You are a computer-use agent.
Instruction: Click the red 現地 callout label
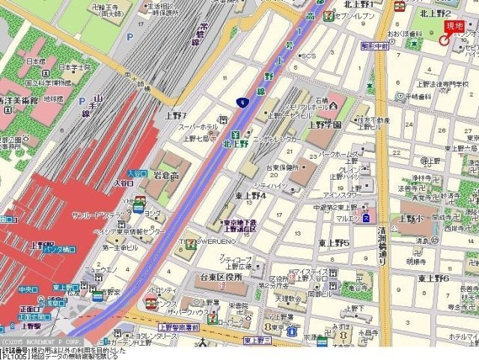[x=454, y=27]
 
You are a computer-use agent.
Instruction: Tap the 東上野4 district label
[x=250, y=196]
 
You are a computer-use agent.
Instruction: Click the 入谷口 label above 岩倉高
[x=136, y=173]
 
